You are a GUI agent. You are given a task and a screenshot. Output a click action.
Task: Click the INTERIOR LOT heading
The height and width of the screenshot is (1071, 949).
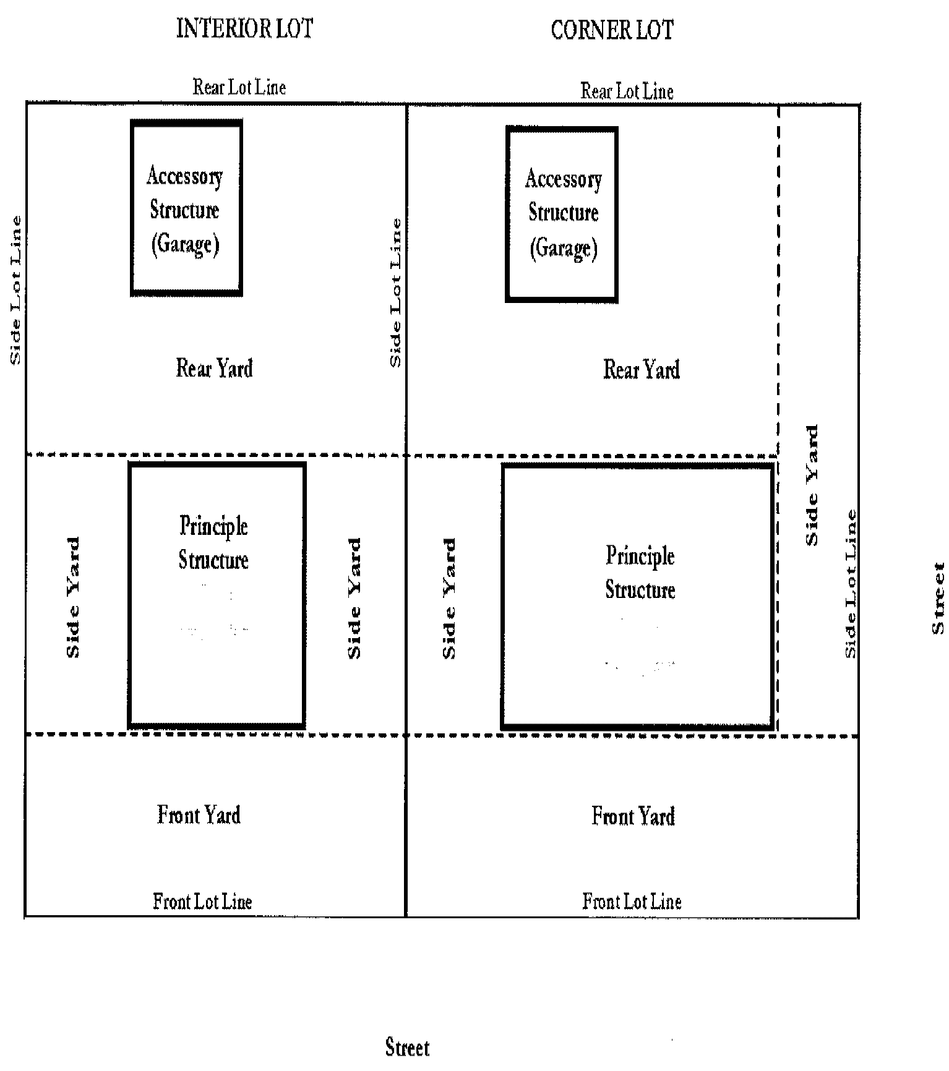(x=245, y=29)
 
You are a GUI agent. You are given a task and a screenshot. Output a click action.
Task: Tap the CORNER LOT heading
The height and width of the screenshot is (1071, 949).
(x=612, y=30)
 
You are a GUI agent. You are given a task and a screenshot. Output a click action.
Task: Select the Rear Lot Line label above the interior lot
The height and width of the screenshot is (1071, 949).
(x=239, y=87)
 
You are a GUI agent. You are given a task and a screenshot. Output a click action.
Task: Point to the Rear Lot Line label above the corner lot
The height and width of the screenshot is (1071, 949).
(x=627, y=91)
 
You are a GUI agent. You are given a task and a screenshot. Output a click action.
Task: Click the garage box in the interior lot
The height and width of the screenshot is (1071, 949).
(x=186, y=208)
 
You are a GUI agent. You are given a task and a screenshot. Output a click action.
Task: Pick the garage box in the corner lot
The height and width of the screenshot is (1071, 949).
(x=562, y=214)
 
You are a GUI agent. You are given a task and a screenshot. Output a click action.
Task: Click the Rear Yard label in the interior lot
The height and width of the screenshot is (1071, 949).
(x=215, y=369)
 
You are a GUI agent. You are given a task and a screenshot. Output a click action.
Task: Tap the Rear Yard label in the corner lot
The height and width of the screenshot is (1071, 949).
(x=642, y=370)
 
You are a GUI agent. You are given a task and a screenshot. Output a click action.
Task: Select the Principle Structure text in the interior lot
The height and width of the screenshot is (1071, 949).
(x=213, y=543)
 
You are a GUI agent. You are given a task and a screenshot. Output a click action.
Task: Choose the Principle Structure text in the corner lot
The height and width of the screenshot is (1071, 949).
(x=640, y=572)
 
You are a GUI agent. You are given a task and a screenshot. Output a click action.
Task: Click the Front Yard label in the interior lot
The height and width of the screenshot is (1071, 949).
(x=199, y=814)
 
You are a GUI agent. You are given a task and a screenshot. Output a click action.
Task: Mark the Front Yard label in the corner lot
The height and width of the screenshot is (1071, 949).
(x=633, y=816)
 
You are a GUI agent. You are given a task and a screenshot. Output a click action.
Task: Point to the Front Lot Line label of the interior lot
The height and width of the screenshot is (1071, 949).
(x=202, y=902)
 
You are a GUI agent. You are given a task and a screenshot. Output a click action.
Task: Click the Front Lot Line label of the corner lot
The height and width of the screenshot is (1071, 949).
(x=632, y=902)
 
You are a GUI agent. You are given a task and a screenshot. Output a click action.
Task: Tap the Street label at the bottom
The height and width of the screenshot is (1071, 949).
(x=407, y=1048)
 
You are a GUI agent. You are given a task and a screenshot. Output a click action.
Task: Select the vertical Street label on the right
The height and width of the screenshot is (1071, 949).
(x=938, y=598)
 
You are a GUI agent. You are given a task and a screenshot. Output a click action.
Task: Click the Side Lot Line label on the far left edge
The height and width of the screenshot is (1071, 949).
(x=15, y=290)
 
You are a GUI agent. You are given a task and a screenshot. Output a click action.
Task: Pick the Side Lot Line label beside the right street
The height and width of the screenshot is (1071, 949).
(x=851, y=584)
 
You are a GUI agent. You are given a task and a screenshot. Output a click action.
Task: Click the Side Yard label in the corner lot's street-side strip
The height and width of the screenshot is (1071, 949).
(x=812, y=485)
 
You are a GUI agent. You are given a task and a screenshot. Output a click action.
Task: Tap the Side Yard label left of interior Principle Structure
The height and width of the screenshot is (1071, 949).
(x=73, y=598)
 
